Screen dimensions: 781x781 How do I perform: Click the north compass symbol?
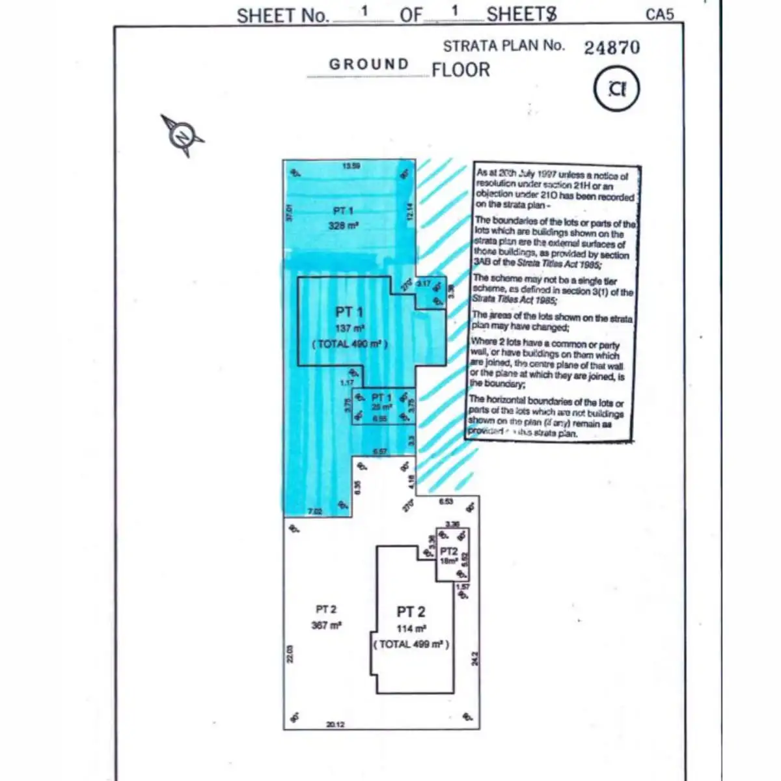tap(182, 136)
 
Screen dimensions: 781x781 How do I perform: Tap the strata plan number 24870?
tap(611, 48)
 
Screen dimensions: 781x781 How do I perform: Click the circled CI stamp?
tap(616, 89)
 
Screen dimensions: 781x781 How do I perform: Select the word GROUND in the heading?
tap(369, 64)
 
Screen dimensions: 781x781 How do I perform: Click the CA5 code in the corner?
tap(659, 14)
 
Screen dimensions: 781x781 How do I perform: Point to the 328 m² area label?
tap(343, 226)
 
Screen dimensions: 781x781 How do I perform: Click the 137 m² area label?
tap(349, 329)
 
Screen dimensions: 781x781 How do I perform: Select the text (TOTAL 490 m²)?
tap(349, 343)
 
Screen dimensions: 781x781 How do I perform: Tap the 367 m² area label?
tap(326, 625)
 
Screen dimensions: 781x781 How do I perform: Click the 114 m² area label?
tap(411, 629)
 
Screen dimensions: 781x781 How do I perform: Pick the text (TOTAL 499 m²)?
tap(411, 644)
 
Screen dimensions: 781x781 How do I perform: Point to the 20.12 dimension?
tap(336, 724)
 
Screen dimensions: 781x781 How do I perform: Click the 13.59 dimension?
tap(351, 166)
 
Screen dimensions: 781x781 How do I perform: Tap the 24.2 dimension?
tap(475, 658)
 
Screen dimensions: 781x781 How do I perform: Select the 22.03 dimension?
tap(290, 653)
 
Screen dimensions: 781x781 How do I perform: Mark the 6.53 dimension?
tap(446, 502)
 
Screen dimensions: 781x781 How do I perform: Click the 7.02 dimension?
tap(314, 512)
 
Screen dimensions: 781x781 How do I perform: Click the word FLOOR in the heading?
tap(460, 70)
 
